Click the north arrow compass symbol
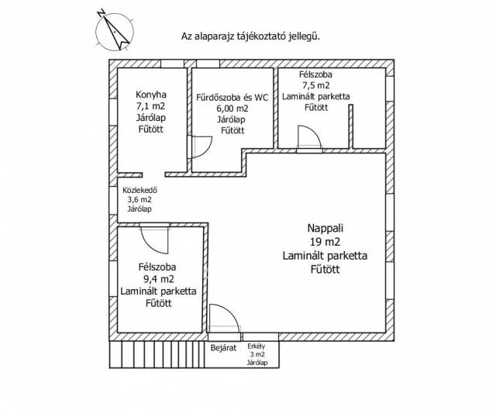coord(112,31)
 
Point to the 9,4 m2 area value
coord(157,278)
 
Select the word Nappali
coord(324,229)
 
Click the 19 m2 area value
coord(324,242)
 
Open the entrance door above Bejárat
coord(222,318)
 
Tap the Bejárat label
coord(223,348)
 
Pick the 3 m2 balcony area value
coord(257,353)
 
